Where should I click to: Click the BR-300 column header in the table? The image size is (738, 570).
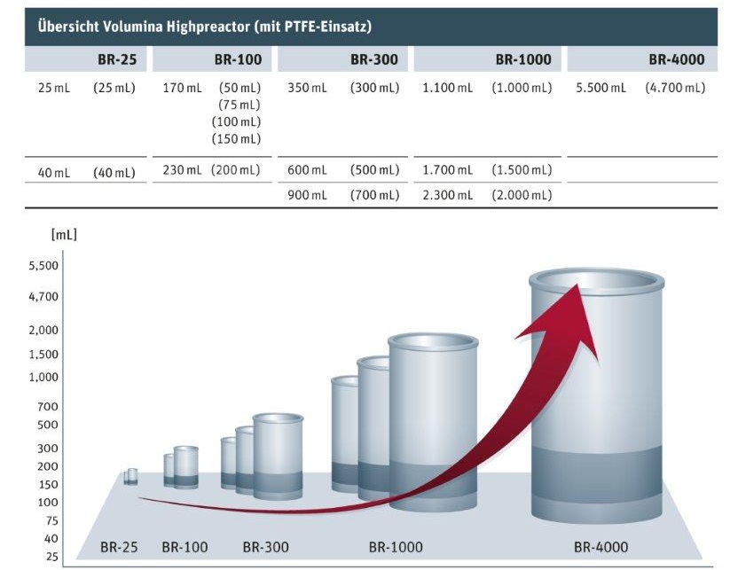pos(374,59)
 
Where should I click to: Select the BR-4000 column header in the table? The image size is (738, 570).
pos(676,59)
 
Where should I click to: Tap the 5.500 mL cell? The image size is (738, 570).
pos(601,88)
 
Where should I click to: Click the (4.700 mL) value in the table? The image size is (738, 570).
pos(675,88)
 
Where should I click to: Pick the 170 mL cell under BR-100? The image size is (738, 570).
pos(182,88)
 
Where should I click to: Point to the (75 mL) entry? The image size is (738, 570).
pos(239,105)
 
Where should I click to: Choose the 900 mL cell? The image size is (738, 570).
pos(307,195)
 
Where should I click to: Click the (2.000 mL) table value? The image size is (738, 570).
pos(522,195)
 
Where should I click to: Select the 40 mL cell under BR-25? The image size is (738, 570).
pos(53,173)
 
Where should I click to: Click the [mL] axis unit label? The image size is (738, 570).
pos(64,234)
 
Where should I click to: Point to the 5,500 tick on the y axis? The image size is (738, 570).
pos(43,266)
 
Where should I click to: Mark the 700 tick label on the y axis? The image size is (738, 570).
pos(48,406)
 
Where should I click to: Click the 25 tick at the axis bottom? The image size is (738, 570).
pos(51,557)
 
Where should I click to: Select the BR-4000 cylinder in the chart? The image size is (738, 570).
pos(597,396)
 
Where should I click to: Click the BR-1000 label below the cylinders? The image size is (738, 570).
pos(396,547)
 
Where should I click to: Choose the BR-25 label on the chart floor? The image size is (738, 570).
pos(119,547)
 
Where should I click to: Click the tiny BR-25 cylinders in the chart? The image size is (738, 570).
pos(131,476)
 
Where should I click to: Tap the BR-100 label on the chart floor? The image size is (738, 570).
pos(185,547)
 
